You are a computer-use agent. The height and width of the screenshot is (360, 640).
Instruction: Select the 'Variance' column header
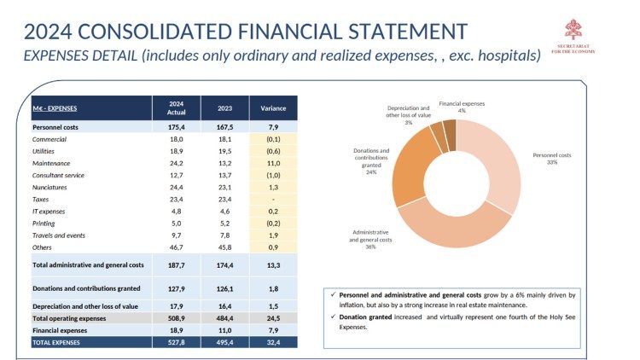(273, 108)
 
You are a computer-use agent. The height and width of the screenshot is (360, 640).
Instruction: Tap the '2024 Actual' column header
(177, 107)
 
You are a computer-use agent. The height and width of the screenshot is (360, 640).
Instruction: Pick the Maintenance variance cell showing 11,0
(273, 162)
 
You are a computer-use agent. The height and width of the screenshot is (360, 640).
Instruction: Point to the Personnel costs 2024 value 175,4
(177, 126)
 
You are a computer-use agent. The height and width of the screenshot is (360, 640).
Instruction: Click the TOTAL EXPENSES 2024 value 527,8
(177, 341)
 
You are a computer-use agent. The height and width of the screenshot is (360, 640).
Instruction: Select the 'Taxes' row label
(42, 198)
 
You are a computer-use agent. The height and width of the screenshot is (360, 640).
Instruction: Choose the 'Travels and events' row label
(60, 235)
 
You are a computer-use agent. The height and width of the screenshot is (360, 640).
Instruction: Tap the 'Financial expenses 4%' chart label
(463, 107)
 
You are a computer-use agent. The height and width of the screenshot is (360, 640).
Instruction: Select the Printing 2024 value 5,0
(177, 223)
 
